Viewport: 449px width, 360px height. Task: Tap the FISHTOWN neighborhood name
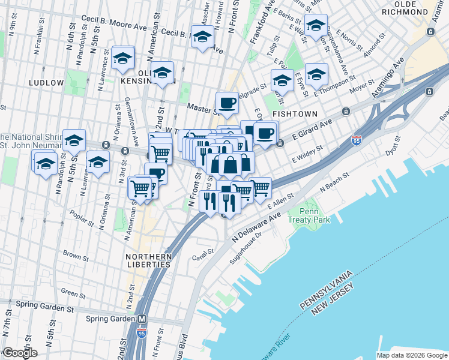click(x=292, y=113)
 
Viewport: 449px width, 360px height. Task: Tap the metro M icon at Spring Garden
click(x=142, y=319)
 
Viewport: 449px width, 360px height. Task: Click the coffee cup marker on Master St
click(x=227, y=103)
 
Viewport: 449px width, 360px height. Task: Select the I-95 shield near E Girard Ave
click(x=357, y=140)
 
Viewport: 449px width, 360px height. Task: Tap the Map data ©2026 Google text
click(x=411, y=355)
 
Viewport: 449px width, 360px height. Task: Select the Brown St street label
click(x=76, y=256)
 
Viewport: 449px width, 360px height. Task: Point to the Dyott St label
click(x=393, y=146)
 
